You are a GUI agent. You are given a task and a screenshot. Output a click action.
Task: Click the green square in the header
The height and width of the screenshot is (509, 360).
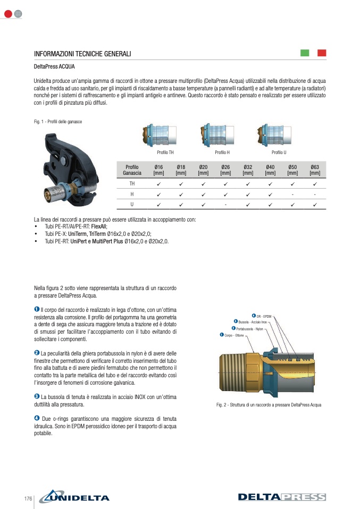pyautogui.click(x=305, y=53)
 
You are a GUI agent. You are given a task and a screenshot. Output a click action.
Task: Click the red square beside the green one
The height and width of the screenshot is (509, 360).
pyautogui.click(x=322, y=53)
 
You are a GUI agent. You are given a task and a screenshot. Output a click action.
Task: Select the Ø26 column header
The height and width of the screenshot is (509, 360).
pyautogui.click(x=225, y=170)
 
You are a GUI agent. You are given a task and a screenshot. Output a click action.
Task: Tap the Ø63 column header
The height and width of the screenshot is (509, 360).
pyautogui.click(x=315, y=170)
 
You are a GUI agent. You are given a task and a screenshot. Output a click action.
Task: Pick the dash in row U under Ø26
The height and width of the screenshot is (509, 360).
pyautogui.click(x=225, y=205)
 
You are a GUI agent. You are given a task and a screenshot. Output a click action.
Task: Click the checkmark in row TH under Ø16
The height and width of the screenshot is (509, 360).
pyautogui.click(x=158, y=184)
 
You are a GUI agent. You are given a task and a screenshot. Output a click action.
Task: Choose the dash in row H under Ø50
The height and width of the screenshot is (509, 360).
pyautogui.click(x=292, y=194)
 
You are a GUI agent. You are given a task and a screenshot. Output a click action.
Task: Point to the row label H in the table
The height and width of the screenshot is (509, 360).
pyautogui.click(x=132, y=194)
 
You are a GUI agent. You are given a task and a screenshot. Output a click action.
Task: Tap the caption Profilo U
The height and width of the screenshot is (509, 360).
pyautogui.click(x=279, y=152)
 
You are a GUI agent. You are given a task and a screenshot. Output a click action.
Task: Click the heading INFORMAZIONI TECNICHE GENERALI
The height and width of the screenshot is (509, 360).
pyautogui.click(x=82, y=54)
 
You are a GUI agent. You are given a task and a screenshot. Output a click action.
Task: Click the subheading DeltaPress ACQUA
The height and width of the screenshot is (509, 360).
pyautogui.click(x=54, y=67)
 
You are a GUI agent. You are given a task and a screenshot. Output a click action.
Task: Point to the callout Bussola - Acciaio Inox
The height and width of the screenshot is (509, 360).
pyautogui.click(x=253, y=323)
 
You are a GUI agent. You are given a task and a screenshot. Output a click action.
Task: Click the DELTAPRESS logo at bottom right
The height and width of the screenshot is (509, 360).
pyautogui.click(x=282, y=497)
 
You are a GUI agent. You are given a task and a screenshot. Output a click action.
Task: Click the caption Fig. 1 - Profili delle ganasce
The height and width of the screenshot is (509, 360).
pyautogui.click(x=58, y=122)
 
